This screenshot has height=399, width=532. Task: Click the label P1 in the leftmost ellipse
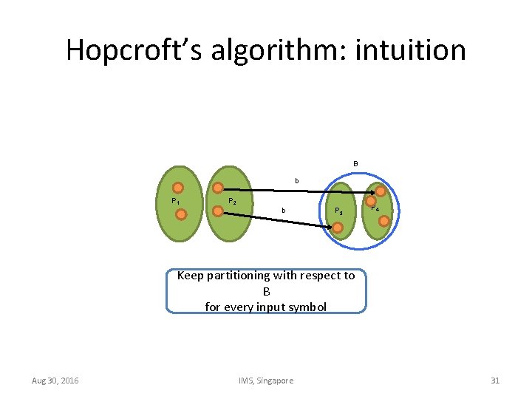(x=175, y=201)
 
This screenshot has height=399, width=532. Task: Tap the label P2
(x=232, y=201)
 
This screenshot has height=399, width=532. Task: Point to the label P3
(x=338, y=211)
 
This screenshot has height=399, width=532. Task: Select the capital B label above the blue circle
(x=355, y=163)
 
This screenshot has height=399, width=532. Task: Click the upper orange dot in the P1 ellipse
(x=178, y=188)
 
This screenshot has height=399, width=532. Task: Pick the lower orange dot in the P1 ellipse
(x=180, y=214)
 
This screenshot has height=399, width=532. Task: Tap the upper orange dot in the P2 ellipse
(x=219, y=188)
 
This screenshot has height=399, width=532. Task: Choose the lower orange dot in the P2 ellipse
(x=218, y=211)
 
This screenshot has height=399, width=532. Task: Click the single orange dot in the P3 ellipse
(x=337, y=228)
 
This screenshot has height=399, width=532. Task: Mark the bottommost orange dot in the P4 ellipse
(x=383, y=220)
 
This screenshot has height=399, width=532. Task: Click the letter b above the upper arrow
(x=297, y=180)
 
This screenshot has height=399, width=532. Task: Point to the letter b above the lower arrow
(x=282, y=211)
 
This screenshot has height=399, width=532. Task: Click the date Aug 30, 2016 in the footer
(x=55, y=381)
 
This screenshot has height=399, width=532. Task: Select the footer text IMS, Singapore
(x=266, y=381)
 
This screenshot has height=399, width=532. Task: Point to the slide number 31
(x=495, y=381)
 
